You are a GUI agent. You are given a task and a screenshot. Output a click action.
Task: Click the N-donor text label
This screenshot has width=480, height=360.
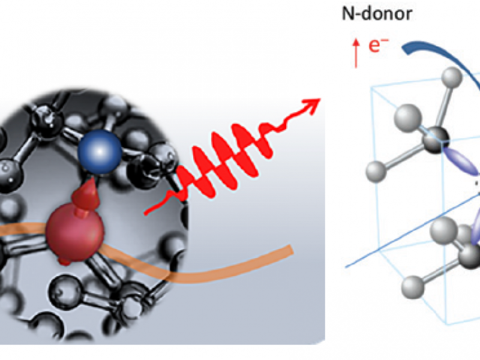click(x=377, y=14)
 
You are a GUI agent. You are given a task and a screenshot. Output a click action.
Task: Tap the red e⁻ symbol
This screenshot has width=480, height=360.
click(x=379, y=46)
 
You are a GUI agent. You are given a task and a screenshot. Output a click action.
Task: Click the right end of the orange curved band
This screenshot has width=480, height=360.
click(x=291, y=250)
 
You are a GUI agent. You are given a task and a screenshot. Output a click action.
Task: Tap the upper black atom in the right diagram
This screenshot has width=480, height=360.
click(x=436, y=140)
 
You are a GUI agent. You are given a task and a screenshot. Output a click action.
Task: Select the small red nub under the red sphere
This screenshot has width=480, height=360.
click(x=64, y=261)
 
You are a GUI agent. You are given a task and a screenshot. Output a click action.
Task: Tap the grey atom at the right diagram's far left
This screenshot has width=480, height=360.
click(x=376, y=172)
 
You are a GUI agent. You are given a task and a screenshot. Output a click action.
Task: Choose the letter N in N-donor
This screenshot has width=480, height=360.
click(x=347, y=14)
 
